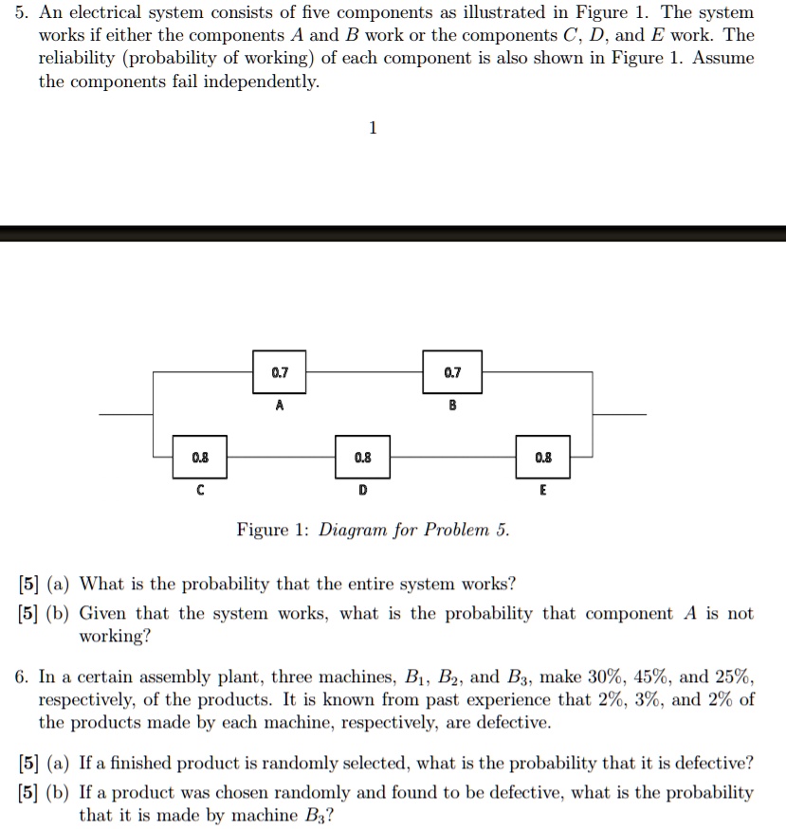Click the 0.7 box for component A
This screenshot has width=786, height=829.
278,373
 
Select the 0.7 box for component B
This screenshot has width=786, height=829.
452,373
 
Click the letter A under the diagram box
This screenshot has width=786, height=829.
279,405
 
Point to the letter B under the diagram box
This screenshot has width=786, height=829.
452,405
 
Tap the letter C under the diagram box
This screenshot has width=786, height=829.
199,491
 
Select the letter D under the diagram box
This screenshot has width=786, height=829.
361,491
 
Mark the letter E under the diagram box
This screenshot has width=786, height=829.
541,491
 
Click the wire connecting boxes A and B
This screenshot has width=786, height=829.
365,373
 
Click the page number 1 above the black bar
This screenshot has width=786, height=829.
373,128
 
